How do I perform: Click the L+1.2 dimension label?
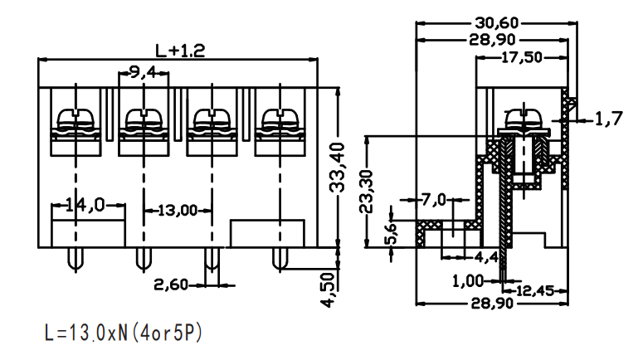(180, 51)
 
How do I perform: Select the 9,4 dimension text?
(143, 72)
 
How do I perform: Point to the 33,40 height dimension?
(338, 168)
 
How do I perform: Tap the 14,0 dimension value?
(85, 205)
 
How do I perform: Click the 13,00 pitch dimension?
(178, 211)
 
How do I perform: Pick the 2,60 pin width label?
(171, 285)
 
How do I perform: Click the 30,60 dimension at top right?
(497, 22)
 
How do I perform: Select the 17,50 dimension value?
(522, 57)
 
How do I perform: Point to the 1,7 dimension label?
(608, 119)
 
